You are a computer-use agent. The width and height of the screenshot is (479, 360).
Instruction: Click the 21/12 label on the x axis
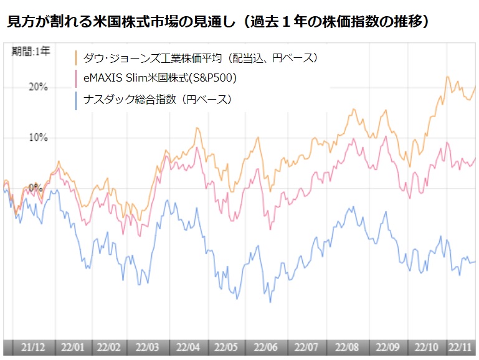click(32, 347)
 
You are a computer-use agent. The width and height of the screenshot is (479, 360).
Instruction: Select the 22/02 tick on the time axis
click(109, 347)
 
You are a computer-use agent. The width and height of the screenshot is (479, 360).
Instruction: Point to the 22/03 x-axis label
click(147, 347)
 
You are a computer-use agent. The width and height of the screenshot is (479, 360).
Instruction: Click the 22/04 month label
click(188, 347)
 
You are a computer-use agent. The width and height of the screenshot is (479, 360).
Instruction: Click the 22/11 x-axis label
click(462, 347)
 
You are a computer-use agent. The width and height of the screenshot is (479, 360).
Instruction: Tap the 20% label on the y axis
click(38, 87)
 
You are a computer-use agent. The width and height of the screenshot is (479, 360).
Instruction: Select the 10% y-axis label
click(38, 137)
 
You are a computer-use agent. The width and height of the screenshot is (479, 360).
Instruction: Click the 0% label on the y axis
click(35, 187)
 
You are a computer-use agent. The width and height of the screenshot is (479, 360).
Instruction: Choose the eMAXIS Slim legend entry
click(159, 78)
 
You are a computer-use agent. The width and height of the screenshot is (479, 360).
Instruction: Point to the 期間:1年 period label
click(31, 52)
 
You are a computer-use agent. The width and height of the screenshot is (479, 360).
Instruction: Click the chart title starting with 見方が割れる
click(218, 22)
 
